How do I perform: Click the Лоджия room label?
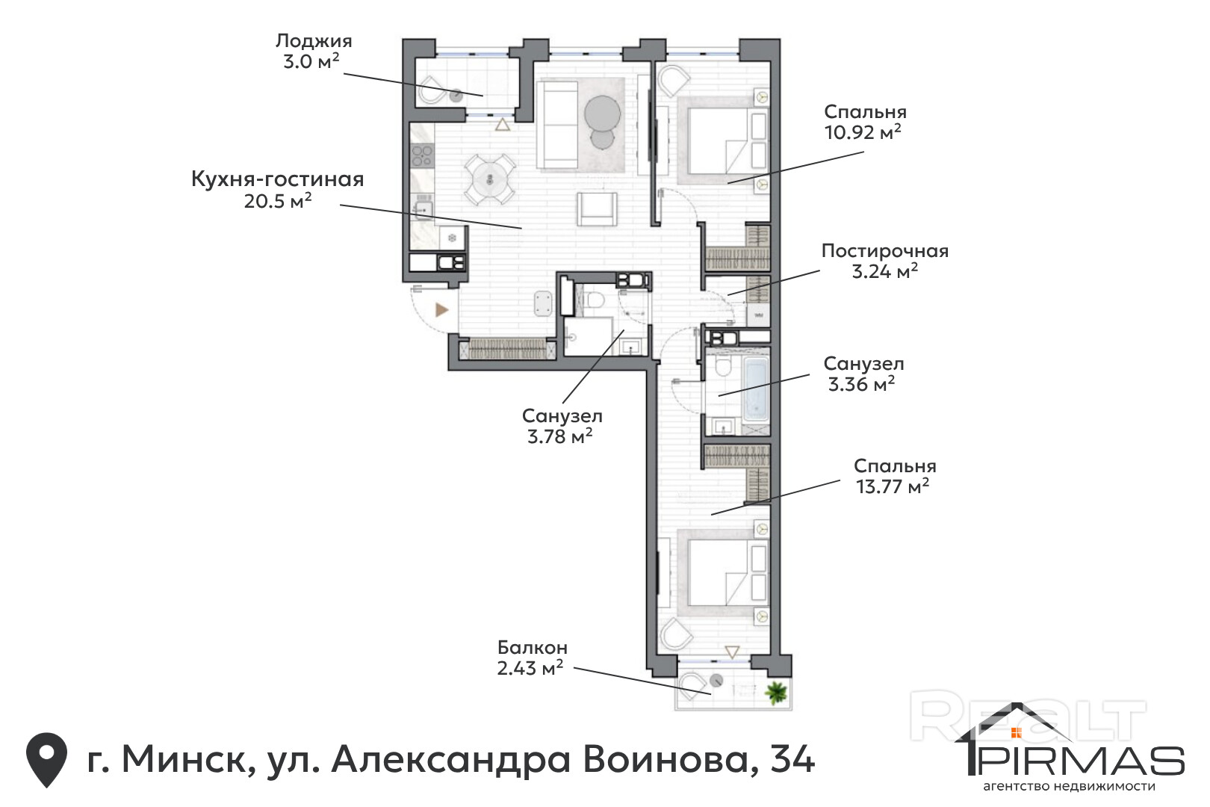[x=314, y=41]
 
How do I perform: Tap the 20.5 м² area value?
[x=278, y=201]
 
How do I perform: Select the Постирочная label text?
[x=885, y=251]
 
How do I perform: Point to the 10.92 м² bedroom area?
[x=863, y=132]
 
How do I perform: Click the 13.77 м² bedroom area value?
[x=893, y=486]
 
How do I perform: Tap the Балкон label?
[x=533, y=647]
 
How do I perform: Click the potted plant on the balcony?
[x=776, y=692]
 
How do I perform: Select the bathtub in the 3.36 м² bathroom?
[x=755, y=389]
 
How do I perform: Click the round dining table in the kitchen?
[x=489, y=179]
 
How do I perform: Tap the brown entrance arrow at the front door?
[x=442, y=309]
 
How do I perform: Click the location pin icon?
[x=47, y=759]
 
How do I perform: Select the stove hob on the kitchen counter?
[x=422, y=155]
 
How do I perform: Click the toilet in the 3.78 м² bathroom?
[x=595, y=298]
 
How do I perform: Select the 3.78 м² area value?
[x=559, y=436]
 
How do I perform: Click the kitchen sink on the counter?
[x=424, y=208]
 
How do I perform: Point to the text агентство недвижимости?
[x=1069, y=787]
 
